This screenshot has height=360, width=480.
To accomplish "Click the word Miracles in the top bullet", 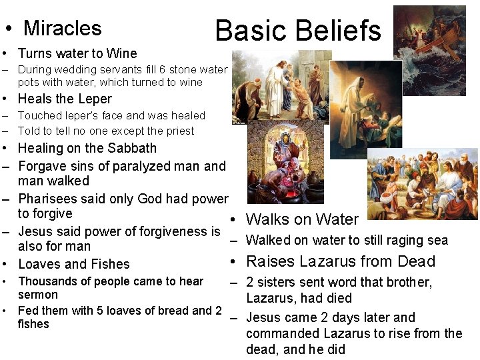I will click(62, 28).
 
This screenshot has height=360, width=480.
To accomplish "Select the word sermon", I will click(37, 295).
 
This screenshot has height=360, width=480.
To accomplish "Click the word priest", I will click(177, 131).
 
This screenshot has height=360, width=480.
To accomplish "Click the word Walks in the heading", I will click(267, 219).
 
